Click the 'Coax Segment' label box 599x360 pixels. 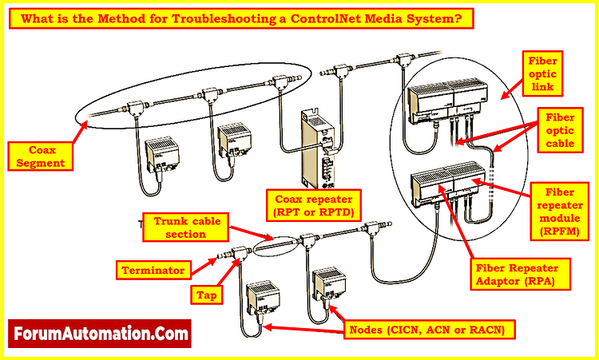pos(38,156)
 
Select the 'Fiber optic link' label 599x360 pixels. pos(548,74)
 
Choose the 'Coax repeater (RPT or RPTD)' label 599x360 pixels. pos(314,205)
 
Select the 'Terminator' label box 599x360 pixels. pos(153,270)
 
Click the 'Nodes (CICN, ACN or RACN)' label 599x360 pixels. pos(428,328)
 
